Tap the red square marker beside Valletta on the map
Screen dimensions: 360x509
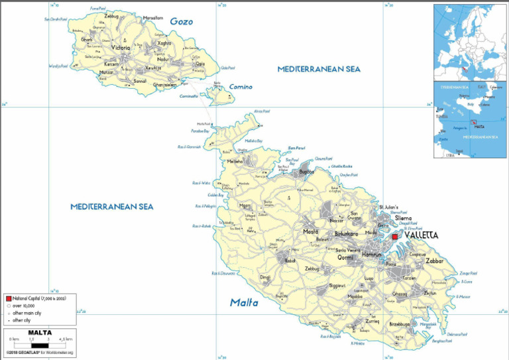[x=395, y=237]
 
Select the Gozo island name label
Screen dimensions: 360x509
[x=181, y=22]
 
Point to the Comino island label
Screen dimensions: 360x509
[x=241, y=87]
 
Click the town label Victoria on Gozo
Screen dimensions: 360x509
[x=121, y=48]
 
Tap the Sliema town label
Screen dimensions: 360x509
[x=403, y=217]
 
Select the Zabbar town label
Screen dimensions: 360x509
[x=435, y=261]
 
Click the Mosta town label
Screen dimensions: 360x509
[x=310, y=231]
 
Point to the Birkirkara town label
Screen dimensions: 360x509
[x=346, y=234]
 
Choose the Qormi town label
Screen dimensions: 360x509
[x=345, y=257]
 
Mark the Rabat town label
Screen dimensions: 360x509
[x=290, y=261]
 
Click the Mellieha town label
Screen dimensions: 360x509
[x=235, y=161]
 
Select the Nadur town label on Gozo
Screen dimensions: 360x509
[x=164, y=60]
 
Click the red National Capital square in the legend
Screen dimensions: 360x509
[x=9, y=300]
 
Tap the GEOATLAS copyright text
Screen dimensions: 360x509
[x=38, y=353]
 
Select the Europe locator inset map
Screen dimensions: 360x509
[x=470, y=42]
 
